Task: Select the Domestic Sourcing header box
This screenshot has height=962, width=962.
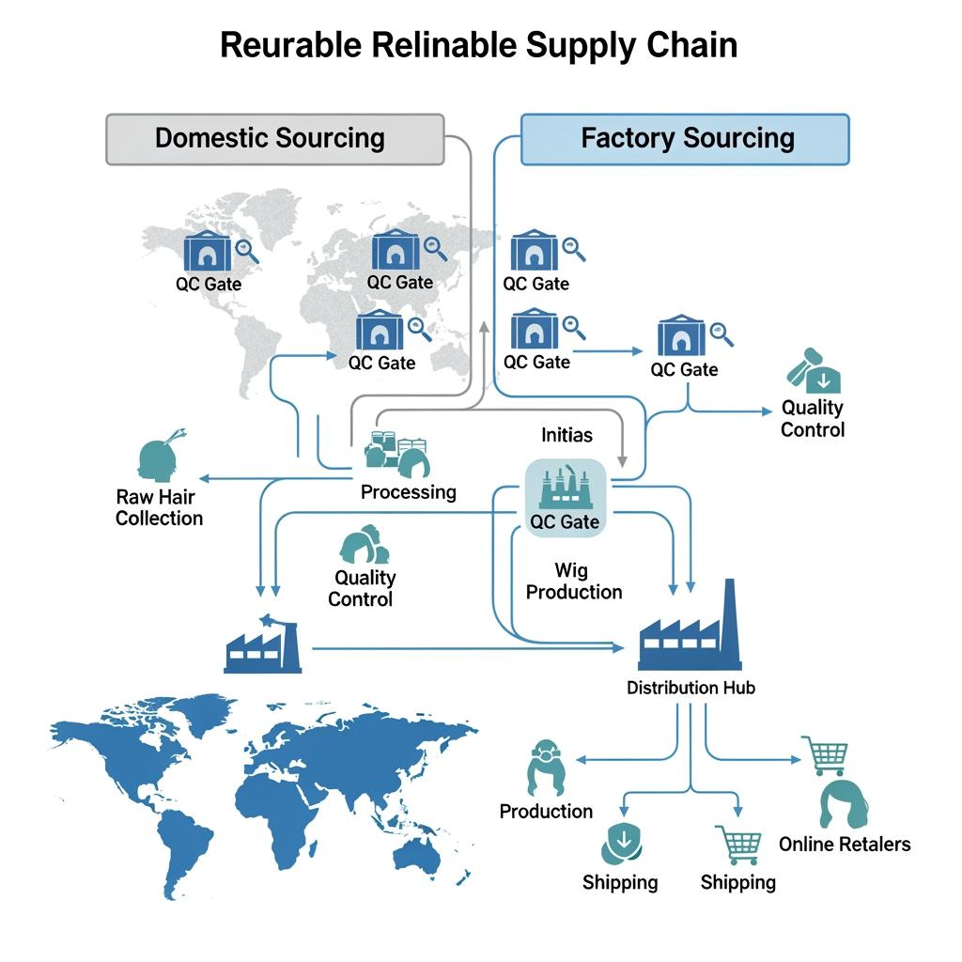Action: (x=273, y=139)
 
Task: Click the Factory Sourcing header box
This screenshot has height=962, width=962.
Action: (x=686, y=139)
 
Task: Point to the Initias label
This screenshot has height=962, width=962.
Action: (x=566, y=435)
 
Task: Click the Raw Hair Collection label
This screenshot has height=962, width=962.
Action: (x=159, y=506)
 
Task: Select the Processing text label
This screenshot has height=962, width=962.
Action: (x=408, y=491)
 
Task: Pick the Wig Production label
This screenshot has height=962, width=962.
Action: (x=573, y=581)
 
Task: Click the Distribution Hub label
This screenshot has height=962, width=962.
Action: (x=690, y=688)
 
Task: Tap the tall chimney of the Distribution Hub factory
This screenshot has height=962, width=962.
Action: (x=730, y=615)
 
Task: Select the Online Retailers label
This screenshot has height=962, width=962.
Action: (x=844, y=844)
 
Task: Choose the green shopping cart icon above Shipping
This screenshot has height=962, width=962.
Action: (x=737, y=844)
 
